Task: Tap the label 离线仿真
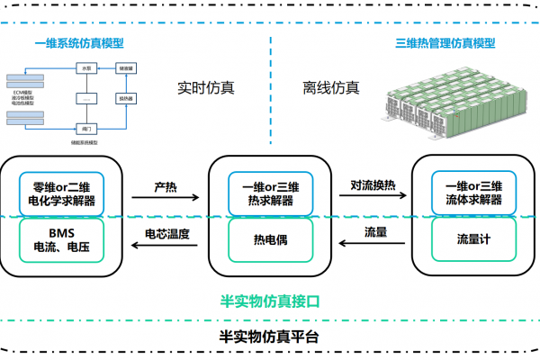click(x=331, y=88)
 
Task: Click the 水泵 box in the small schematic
click(x=87, y=67)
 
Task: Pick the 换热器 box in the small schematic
click(x=127, y=97)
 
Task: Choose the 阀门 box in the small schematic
click(x=87, y=128)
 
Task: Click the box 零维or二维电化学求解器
click(x=62, y=192)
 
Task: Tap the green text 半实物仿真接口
click(x=270, y=299)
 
